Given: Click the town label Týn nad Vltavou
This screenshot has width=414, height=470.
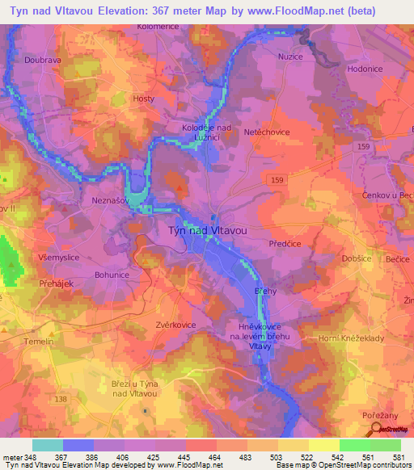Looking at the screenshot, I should tap(206, 230).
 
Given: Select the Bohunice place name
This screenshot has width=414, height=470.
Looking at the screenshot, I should tap(112, 275).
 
